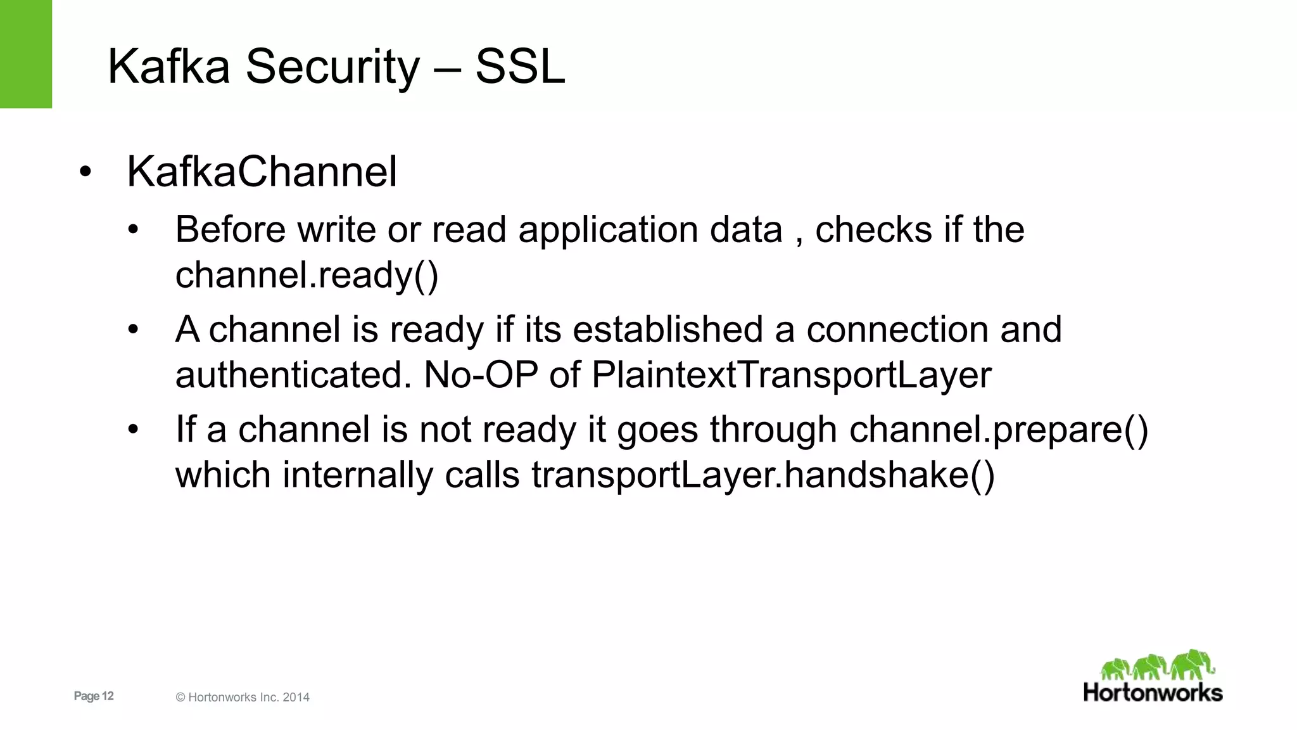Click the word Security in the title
pos(332,67)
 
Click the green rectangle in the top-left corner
pos(25,54)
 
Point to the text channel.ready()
pos(307,275)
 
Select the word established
pos(667,330)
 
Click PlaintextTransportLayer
pos(791,375)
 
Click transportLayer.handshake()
pos(762,475)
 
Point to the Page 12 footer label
pos(94,696)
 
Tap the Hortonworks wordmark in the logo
pos(1153,693)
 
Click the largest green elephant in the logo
pos(1192,664)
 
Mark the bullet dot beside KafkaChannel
pos(85,172)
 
